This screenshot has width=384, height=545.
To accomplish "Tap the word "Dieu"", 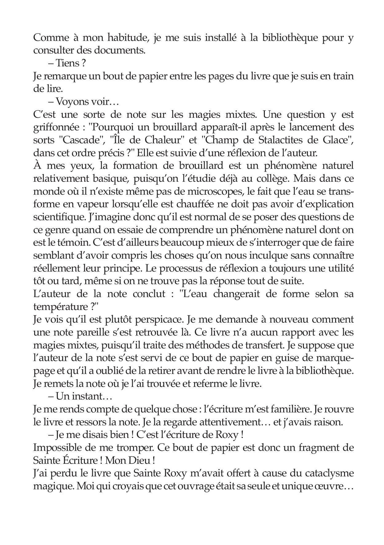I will pyautogui.click(x=140, y=460).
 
